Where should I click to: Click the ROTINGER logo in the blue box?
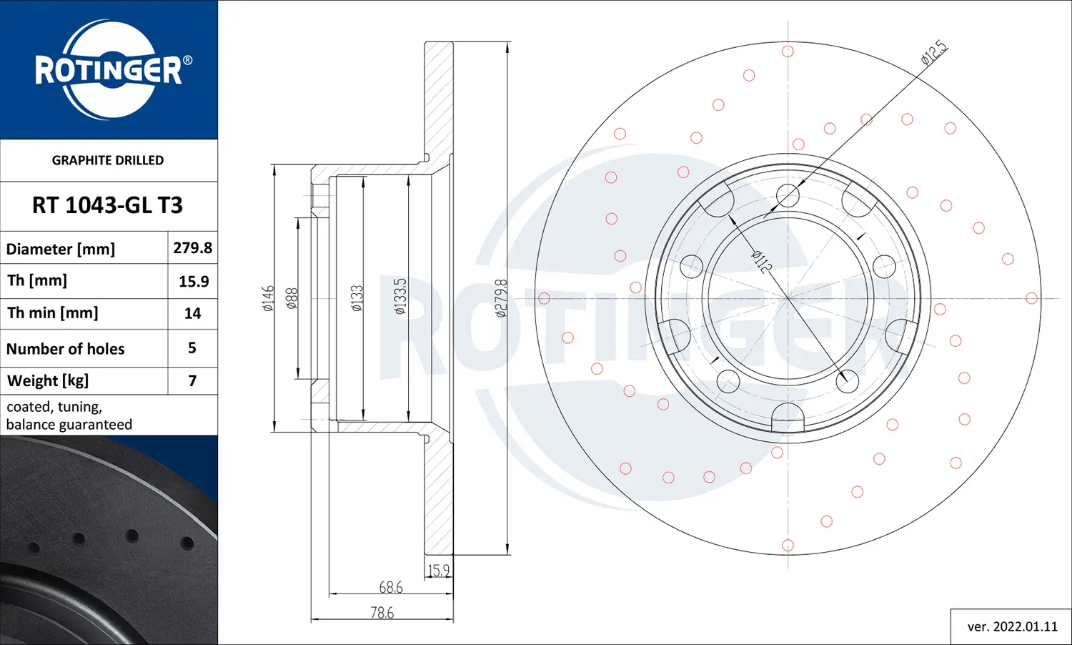point(109,69)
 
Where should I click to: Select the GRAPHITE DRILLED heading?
point(108,160)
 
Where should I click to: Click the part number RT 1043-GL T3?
point(108,205)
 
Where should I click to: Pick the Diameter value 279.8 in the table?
point(192,248)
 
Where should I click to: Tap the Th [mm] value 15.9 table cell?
point(193,281)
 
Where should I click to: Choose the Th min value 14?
point(192,313)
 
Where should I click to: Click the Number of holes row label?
point(66,349)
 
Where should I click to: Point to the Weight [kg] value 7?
point(192,380)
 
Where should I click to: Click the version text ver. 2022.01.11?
point(1012,626)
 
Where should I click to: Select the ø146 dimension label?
point(268,298)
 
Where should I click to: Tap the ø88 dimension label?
point(292,298)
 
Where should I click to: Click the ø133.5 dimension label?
point(400,296)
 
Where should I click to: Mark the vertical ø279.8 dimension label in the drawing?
point(501,298)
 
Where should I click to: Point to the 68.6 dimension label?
point(391,587)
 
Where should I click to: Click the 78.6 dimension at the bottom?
point(382,612)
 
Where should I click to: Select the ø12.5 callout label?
point(933,54)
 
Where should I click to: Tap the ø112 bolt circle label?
point(762,262)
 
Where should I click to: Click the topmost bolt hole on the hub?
point(788,195)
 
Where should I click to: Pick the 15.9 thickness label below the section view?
point(439,570)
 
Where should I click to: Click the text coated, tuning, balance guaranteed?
point(69,415)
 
